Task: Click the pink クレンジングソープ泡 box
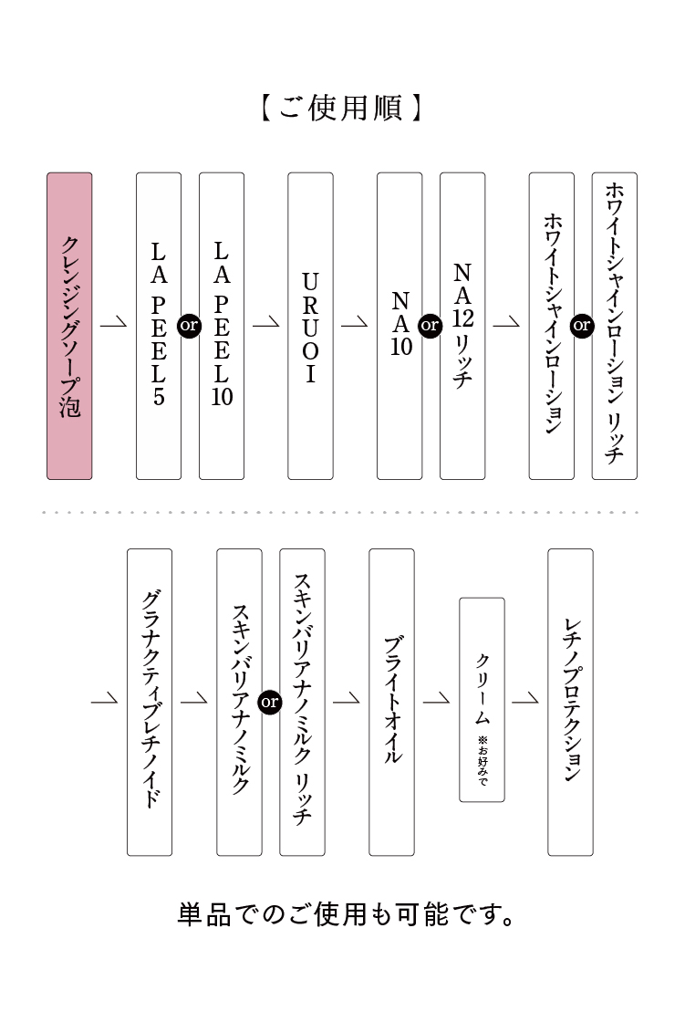[x=69, y=326]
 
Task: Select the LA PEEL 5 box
[x=159, y=326]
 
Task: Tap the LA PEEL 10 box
[x=222, y=326]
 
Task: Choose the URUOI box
[x=310, y=326]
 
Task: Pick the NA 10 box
[x=400, y=326]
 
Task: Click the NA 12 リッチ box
[x=462, y=326]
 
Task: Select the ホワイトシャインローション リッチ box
[x=615, y=326]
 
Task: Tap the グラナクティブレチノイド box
[x=150, y=702]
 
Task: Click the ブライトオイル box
[x=391, y=702]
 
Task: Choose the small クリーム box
[x=482, y=700]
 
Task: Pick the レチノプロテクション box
[x=570, y=702]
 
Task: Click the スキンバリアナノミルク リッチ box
[x=302, y=702]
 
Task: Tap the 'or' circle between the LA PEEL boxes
[x=190, y=326]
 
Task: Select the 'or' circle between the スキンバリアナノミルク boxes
[x=270, y=702]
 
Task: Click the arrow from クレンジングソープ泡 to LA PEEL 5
[x=114, y=325]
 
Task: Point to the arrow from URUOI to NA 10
[x=355, y=325]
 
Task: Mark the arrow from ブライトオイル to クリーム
[x=437, y=701]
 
